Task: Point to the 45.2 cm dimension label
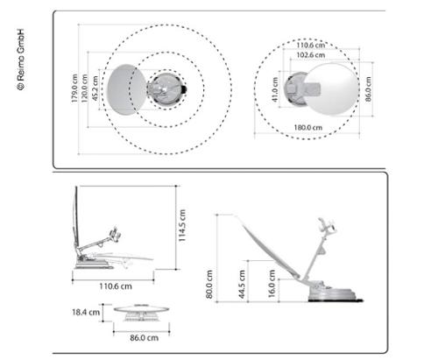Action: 95,88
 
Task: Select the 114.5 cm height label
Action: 183,226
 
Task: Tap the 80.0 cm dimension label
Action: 208,283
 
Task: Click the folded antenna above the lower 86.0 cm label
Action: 138,312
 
